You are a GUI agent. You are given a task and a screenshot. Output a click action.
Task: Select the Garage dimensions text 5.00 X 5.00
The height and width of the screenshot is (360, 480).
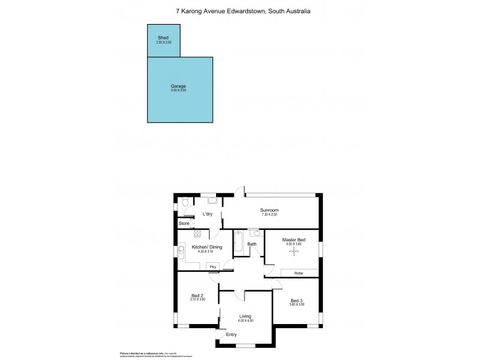click(x=179, y=91)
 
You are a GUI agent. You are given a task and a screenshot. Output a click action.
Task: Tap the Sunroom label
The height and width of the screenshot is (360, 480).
click(x=269, y=210)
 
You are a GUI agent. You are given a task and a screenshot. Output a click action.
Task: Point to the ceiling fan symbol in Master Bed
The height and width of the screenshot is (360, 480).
click(x=293, y=251)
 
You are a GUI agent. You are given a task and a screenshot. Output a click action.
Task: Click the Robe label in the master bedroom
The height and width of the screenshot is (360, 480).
click(x=298, y=273)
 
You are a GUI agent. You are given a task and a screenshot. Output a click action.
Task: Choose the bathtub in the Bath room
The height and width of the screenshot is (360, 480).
click(x=238, y=241)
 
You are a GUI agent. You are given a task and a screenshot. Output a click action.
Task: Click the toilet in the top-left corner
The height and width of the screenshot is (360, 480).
click(x=185, y=204)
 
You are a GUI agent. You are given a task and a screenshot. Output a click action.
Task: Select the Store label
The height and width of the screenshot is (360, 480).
click(x=184, y=224)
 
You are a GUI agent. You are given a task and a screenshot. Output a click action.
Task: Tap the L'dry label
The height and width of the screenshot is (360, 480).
click(x=208, y=214)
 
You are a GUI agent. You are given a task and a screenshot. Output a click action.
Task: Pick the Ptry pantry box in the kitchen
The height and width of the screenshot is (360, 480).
click(x=212, y=266)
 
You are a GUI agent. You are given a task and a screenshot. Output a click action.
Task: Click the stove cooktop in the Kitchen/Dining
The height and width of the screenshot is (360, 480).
click(x=197, y=235)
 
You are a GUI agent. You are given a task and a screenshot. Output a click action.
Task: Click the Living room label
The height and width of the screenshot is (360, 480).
click(x=245, y=316)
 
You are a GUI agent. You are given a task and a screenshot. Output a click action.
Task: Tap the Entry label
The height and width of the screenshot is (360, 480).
click(x=231, y=335)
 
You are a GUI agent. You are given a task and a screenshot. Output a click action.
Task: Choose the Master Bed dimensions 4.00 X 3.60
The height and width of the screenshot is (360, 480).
click(x=294, y=244)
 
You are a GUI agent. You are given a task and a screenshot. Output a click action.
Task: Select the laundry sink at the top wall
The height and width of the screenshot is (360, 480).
click(x=212, y=200)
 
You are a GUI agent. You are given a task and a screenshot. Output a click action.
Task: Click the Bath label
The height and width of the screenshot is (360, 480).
click(x=252, y=244)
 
